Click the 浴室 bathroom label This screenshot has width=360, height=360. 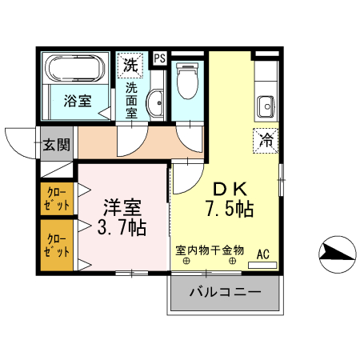(78, 101)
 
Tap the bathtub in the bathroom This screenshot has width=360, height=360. (74, 70)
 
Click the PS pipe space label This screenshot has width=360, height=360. (159, 58)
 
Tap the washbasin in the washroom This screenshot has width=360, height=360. (156, 102)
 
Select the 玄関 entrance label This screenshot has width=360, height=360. (56, 145)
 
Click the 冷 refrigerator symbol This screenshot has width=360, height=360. (265, 140)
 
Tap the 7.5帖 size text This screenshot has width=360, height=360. (229, 210)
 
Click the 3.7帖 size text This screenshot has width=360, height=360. (121, 227)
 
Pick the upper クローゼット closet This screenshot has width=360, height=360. (58, 199)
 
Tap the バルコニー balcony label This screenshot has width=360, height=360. (225, 294)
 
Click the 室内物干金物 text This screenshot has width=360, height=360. (210, 250)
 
